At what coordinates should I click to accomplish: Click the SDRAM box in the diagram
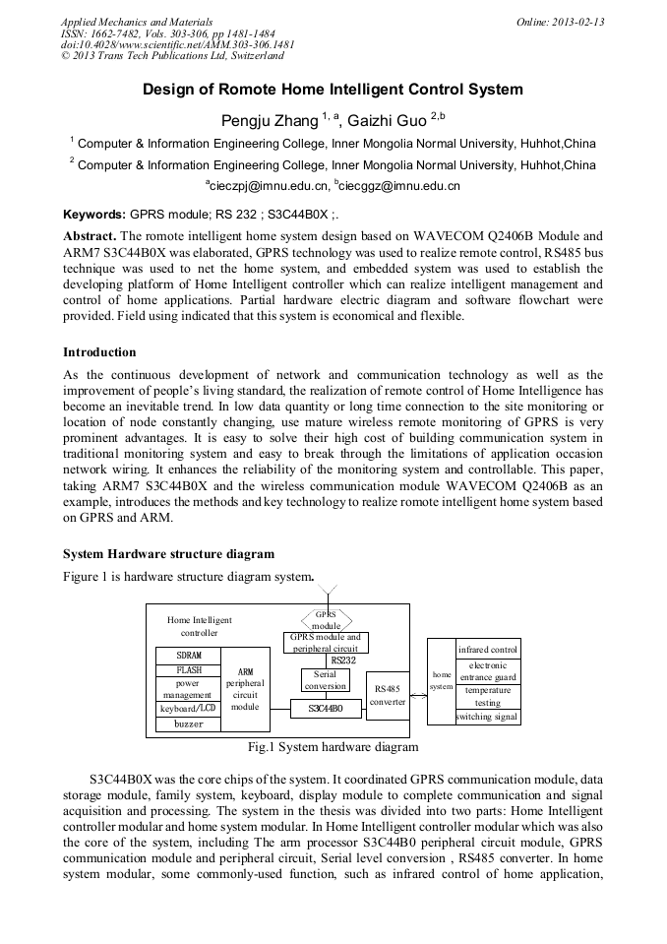click(189, 655)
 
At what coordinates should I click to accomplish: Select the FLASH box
click(189, 669)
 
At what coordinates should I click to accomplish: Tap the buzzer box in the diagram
click(189, 724)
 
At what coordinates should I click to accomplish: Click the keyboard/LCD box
click(189, 709)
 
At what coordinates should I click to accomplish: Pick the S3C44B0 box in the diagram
click(326, 708)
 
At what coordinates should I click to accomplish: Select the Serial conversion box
click(325, 680)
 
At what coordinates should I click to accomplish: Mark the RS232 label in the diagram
click(342, 661)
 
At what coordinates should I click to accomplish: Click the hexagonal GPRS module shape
click(326, 619)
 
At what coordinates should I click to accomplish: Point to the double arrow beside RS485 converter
click(417, 695)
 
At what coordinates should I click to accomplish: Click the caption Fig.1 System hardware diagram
click(333, 747)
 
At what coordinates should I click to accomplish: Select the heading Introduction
click(99, 351)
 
